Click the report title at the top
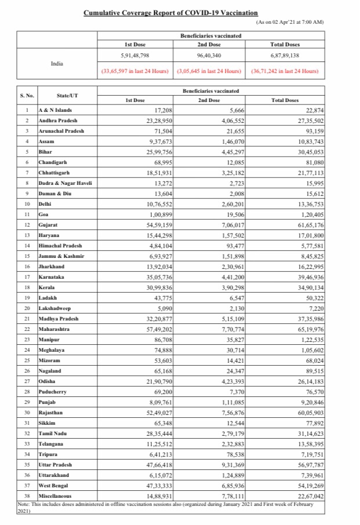pos(170,12)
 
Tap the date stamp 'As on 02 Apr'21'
pos(289,22)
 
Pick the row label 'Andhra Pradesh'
pos(59,120)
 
